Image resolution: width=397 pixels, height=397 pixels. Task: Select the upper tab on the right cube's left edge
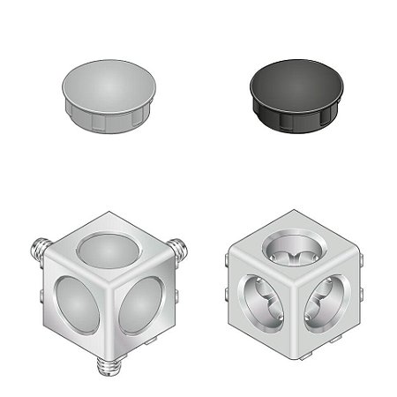228,260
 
